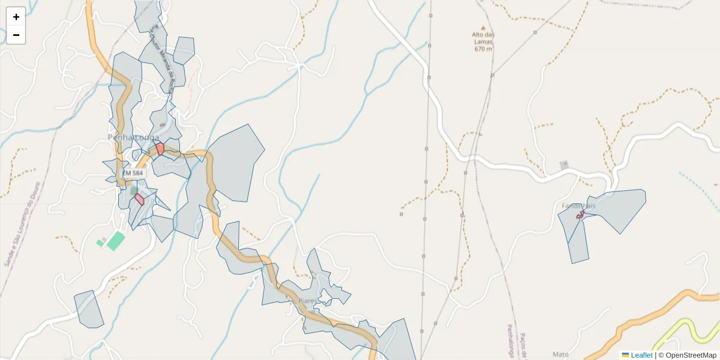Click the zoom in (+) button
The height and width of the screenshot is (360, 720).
pyautogui.click(x=16, y=17)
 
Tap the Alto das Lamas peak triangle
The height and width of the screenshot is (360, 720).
pyautogui.click(x=483, y=27)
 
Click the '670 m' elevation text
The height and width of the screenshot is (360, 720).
pyautogui.click(x=483, y=49)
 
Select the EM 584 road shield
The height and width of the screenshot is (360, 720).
pyautogui.click(x=133, y=173)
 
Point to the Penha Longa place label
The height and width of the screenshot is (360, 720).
pyautogui.click(x=133, y=137)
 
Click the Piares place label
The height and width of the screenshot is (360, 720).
pyautogui.click(x=307, y=301)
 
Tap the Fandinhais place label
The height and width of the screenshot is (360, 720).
pyautogui.click(x=578, y=206)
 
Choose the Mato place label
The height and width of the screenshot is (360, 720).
pyautogui.click(x=560, y=355)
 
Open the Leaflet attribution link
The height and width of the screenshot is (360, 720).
pyautogui.click(x=641, y=355)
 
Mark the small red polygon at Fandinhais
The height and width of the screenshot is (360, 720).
pyautogui.click(x=580, y=214)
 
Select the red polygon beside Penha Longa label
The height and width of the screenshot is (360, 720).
pyautogui.click(x=160, y=149)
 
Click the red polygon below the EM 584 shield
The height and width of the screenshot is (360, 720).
pyautogui.click(x=139, y=199)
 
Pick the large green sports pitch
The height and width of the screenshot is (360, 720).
pyautogui.click(x=115, y=241)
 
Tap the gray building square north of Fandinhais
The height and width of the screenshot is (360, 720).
pyautogui.click(x=563, y=164)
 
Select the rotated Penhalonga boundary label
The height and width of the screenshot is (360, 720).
pyautogui.click(x=510, y=342)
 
